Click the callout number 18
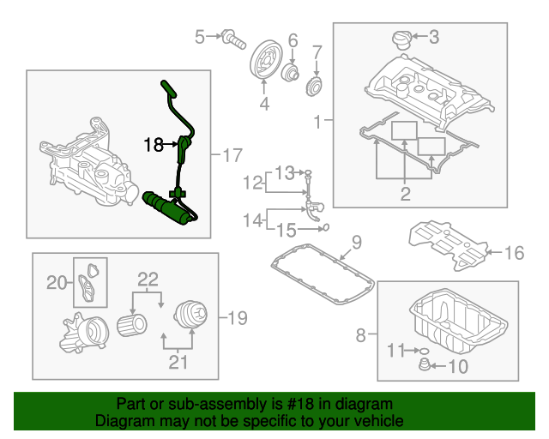(154, 146)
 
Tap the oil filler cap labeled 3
(401, 39)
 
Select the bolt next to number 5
(230, 37)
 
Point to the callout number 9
(357, 241)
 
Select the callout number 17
(233, 155)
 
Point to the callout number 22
(148, 279)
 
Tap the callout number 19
(236, 318)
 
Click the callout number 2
(405, 194)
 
